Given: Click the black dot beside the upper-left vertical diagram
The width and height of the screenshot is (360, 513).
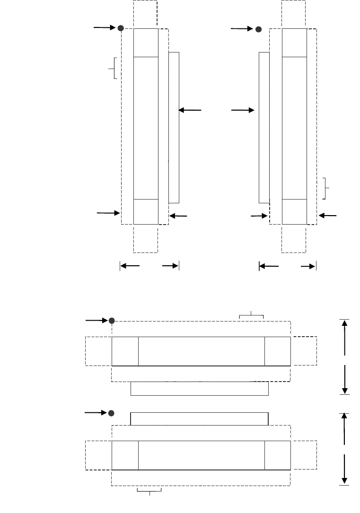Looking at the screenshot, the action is pyautogui.click(x=121, y=28).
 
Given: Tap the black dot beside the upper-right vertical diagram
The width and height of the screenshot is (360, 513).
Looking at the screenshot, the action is pyautogui.click(x=258, y=29).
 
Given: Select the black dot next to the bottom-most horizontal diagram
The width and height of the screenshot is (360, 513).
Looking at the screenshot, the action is pyautogui.click(x=111, y=413).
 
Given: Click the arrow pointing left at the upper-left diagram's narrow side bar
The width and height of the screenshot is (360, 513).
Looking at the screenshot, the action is pyautogui.click(x=190, y=110).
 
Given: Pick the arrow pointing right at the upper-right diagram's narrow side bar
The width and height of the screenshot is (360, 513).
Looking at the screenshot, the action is pyautogui.click(x=243, y=110).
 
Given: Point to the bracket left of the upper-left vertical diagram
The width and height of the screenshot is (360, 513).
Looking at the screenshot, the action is pyautogui.click(x=114, y=69).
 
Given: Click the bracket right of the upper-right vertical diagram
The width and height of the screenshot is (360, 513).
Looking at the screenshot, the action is pyautogui.click(x=325, y=188).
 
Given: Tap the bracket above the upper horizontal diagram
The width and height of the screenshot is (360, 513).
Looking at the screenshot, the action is pyautogui.click(x=251, y=315).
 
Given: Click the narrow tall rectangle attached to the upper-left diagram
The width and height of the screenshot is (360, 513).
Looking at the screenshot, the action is pyautogui.click(x=174, y=127).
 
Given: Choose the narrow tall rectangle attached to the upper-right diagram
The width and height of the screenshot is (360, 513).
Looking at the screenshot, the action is pyautogui.click(x=264, y=127).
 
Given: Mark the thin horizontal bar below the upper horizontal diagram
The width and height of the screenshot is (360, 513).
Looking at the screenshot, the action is pyautogui.click(x=199, y=389).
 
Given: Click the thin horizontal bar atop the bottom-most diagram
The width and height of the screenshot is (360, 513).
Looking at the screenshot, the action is pyautogui.click(x=199, y=418).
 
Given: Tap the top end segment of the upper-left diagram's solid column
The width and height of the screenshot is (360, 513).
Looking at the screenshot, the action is pyautogui.click(x=146, y=43).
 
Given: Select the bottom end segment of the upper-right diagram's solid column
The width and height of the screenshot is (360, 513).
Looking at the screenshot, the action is pyautogui.click(x=294, y=211).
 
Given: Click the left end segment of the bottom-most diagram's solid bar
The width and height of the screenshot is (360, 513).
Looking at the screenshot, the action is pyautogui.click(x=125, y=455).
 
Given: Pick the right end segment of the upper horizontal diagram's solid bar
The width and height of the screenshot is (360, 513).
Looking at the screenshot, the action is pyautogui.click(x=277, y=351).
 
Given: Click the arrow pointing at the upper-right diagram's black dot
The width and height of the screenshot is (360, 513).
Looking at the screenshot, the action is pyautogui.click(x=242, y=29).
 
